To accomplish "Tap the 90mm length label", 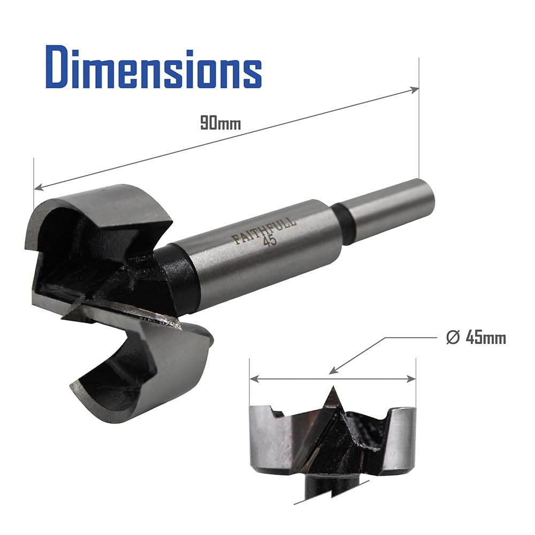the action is (220, 123).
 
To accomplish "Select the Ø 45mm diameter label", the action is (476, 338).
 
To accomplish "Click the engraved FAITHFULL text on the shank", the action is (263, 230).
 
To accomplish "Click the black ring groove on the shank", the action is (343, 224).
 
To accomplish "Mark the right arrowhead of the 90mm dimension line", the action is (415, 90).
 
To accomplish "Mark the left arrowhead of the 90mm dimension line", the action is (39, 187).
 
